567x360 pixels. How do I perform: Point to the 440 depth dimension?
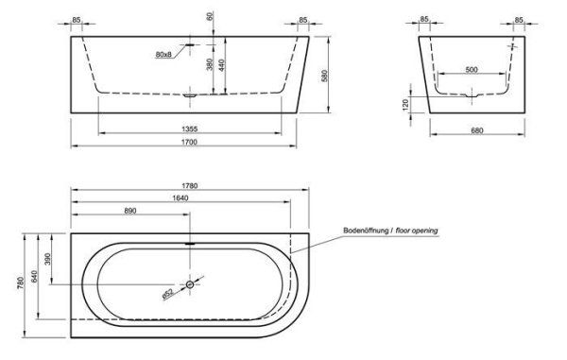(222, 65)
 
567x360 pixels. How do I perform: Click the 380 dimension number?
(209, 67)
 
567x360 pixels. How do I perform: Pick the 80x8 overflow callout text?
(163, 54)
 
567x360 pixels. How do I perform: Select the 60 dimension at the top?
(210, 19)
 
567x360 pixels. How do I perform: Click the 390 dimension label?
(49, 259)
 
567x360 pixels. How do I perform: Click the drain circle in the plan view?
(190, 284)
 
